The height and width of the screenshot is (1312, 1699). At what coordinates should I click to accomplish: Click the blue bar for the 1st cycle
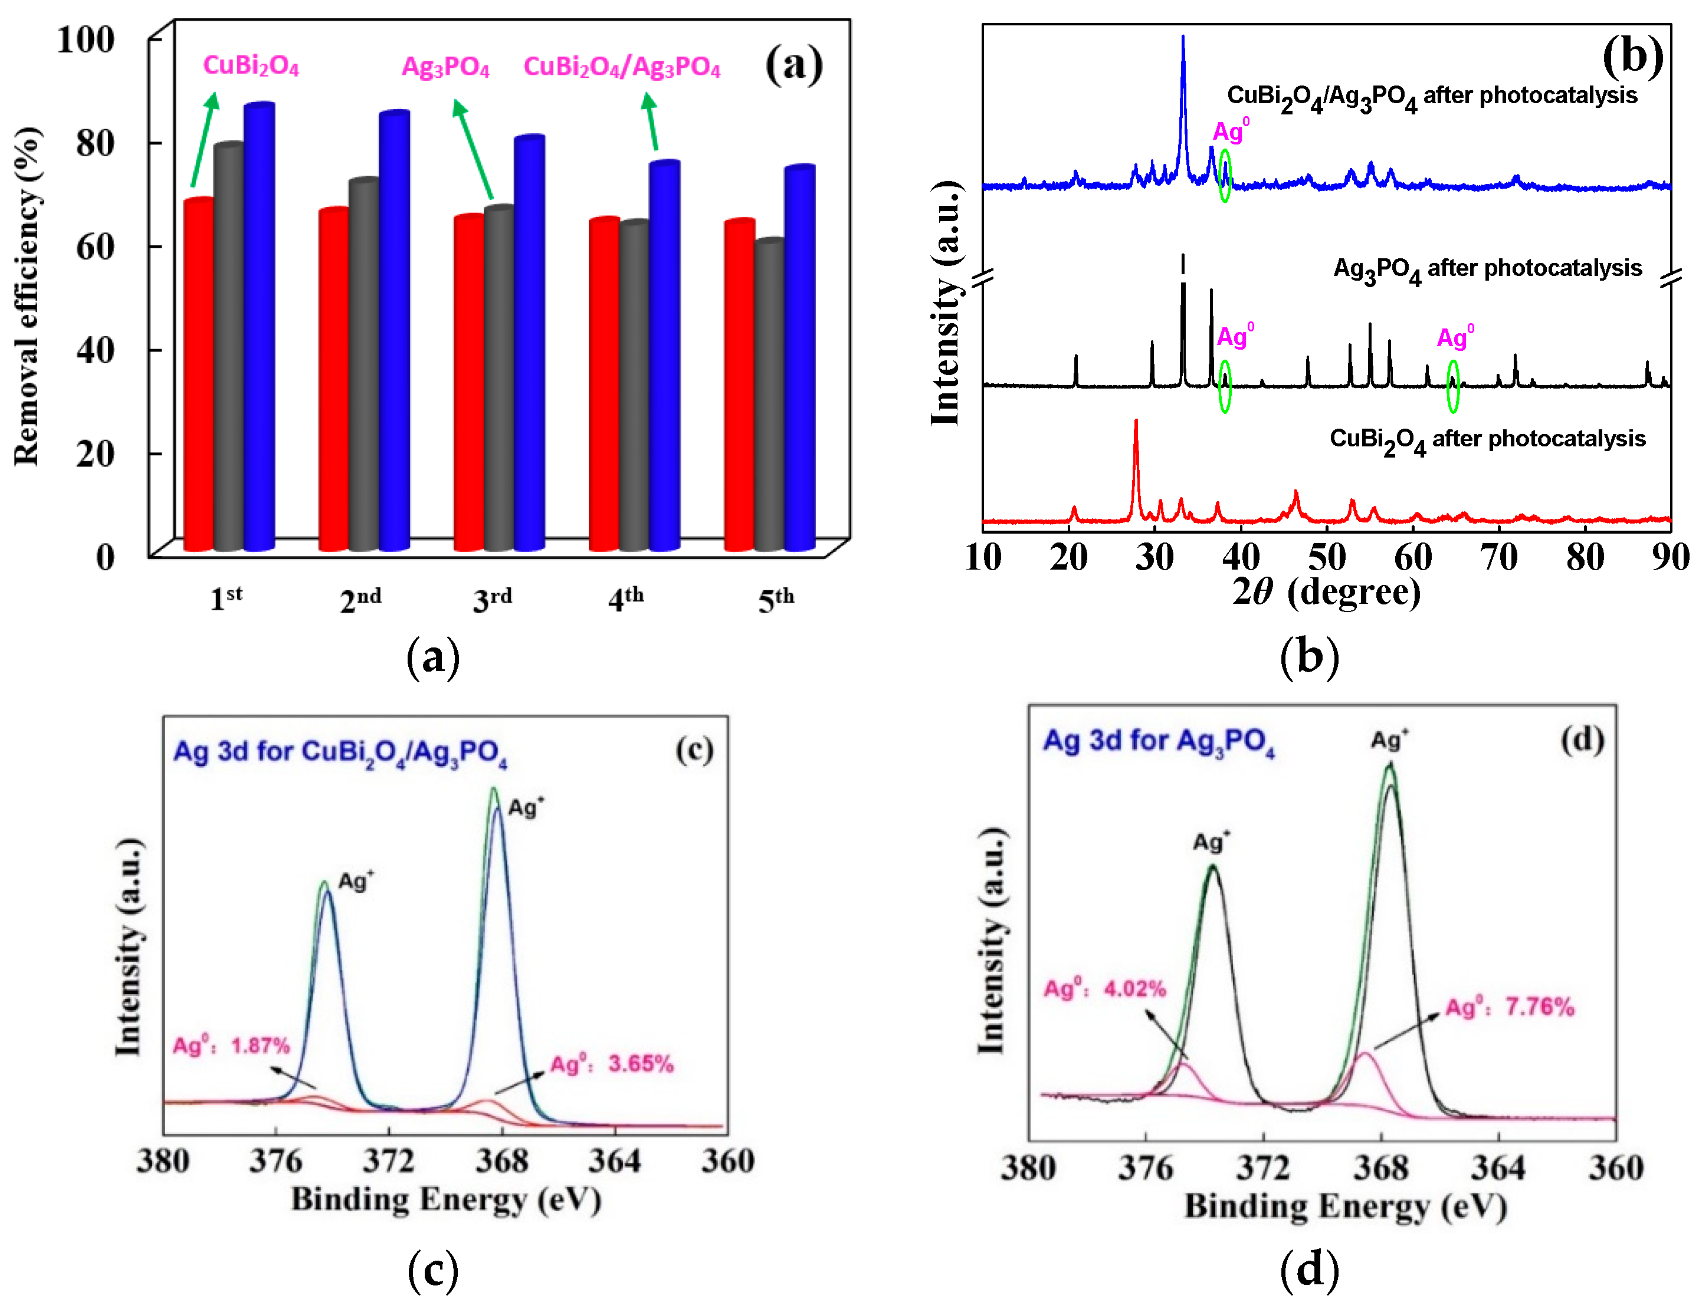tap(259, 327)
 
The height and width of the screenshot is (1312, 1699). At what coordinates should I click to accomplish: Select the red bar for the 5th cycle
tap(739, 385)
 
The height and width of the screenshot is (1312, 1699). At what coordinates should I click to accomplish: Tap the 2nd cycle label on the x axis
tap(360, 600)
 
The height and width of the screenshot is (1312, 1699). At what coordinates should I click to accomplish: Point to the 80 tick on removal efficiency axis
tap(96, 143)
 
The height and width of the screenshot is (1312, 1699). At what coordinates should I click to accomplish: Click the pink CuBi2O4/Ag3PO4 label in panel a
tap(622, 67)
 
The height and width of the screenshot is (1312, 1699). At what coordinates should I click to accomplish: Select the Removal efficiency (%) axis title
tap(27, 295)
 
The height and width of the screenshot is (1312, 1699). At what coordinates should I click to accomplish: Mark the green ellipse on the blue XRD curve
tap(1225, 176)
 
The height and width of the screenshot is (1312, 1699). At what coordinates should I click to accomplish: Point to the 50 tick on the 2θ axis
tap(1326, 557)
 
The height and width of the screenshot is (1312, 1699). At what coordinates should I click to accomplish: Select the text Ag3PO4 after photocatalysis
tap(1487, 269)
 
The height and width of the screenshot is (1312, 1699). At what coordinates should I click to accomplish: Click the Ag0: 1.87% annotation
tap(231, 1045)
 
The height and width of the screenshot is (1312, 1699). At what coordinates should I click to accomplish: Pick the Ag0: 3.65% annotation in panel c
tap(611, 1064)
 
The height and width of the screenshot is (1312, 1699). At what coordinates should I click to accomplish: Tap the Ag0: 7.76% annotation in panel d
tap(1509, 1007)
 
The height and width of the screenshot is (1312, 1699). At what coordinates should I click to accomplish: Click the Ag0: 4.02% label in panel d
tap(1105, 988)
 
